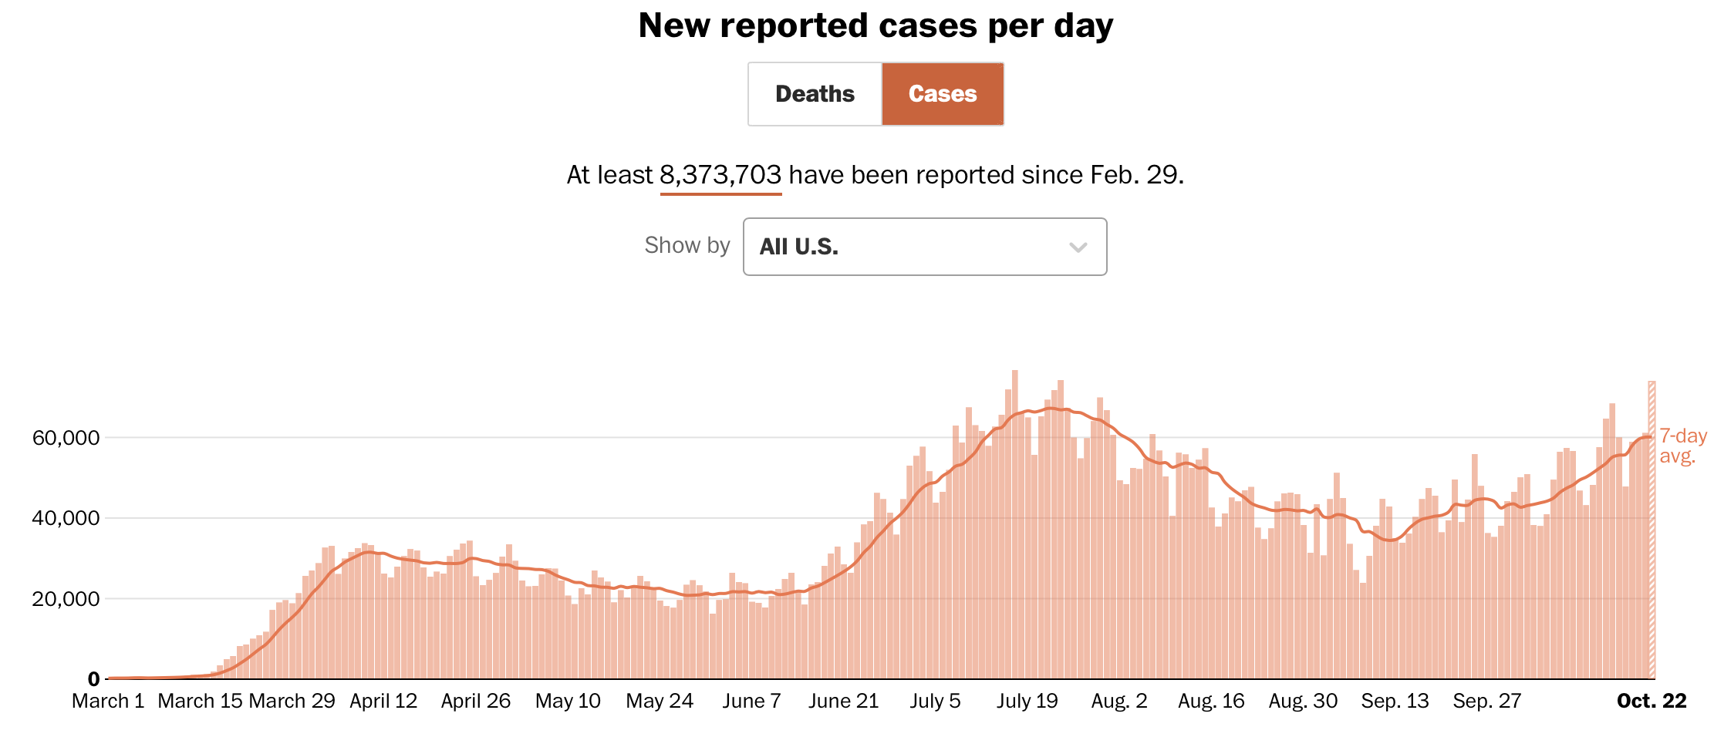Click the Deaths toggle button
815,94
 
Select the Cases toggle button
943,94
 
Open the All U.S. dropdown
924,247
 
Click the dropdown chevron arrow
1078,247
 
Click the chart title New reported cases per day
876,25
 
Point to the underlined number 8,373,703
720,175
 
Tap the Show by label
687,245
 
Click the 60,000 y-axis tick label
66,438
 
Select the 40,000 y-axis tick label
66,518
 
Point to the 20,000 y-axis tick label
66,599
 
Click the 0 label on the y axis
93,679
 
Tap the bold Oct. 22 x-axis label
1652,701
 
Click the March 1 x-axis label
108,701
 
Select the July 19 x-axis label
1027,701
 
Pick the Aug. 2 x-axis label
1119,701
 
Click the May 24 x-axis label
660,701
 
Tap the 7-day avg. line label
1682,446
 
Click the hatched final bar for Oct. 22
1652,532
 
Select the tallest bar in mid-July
1015,524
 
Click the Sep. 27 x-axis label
1486,701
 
